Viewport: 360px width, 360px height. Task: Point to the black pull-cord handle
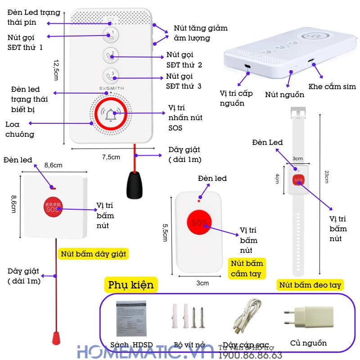coord(135,184)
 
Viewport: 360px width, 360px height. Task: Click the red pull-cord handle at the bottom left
coord(57,337)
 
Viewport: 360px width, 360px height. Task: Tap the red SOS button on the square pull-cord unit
coord(54,207)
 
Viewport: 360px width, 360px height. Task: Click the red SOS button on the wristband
coord(298,180)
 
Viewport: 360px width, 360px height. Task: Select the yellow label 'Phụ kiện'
coord(131,285)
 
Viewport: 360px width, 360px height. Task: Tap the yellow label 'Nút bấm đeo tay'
coord(310,285)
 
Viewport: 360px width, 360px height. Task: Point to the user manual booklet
coord(131,317)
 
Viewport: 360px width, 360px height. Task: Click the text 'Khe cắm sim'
coord(332,86)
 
